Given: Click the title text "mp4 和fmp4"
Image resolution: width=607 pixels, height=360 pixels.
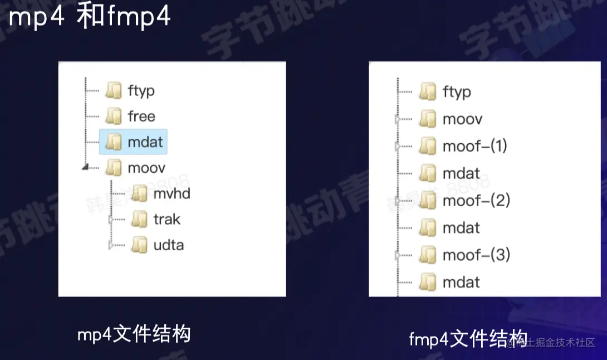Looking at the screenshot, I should click(x=89, y=17).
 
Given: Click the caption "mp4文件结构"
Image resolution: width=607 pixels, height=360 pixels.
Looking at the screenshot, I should click(x=134, y=334).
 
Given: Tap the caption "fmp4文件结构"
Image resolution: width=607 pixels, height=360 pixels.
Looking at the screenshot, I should click(x=468, y=338).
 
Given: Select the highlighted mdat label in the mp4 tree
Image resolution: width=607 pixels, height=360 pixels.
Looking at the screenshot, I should click(x=145, y=142).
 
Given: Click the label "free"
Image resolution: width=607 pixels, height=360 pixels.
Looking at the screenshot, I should click(x=141, y=116).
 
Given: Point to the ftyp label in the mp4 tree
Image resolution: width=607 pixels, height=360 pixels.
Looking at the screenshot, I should click(x=141, y=91).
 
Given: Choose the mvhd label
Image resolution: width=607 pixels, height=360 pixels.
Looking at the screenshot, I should click(x=172, y=194).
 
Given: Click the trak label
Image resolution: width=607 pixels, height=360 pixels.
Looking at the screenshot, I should click(x=167, y=220).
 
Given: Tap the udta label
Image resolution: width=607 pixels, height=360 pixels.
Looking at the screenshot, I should click(x=168, y=245).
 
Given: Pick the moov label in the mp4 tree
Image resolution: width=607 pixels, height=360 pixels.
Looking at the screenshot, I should click(x=146, y=168).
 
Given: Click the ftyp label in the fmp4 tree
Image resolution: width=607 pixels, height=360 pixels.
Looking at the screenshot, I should click(x=457, y=92).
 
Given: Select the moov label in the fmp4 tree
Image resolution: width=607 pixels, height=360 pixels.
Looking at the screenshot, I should click(x=462, y=119).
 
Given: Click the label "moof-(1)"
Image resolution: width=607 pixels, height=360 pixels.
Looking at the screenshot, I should click(x=475, y=146).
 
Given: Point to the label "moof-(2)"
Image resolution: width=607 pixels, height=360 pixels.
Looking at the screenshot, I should click(x=476, y=200).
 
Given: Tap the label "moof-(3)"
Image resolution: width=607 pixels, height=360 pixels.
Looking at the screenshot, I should click(x=476, y=255).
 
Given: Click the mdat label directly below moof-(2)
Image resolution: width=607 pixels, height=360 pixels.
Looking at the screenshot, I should click(x=461, y=227).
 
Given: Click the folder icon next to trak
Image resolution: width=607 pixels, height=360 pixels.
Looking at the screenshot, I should click(x=139, y=220).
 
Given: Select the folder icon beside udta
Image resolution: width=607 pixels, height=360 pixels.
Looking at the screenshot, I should click(x=139, y=245).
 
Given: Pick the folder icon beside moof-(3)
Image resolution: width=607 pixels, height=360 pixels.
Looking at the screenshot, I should click(x=428, y=255).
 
